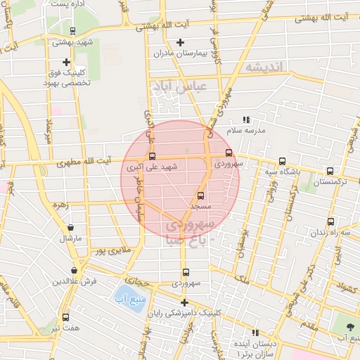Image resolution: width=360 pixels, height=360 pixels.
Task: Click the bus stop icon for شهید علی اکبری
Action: click(152, 156)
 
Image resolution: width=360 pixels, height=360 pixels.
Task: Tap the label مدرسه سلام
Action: click(245, 130)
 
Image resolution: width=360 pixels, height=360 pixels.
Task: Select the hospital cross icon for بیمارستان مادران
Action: click(181, 42)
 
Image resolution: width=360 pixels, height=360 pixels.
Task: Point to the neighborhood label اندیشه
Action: click(264, 66)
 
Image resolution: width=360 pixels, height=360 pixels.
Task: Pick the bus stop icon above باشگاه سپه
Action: click(282, 161)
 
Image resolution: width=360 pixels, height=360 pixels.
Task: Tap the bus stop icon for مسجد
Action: click(201, 195)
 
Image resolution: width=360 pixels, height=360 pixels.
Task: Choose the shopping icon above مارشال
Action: click(71, 228)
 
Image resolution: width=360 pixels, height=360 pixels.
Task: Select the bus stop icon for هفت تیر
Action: click(65, 317)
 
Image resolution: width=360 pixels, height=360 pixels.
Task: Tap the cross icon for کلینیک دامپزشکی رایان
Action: click(184, 302)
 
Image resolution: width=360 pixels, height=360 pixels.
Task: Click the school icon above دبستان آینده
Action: click(256, 332)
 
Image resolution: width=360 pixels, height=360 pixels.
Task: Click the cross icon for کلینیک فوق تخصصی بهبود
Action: click(66, 62)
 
